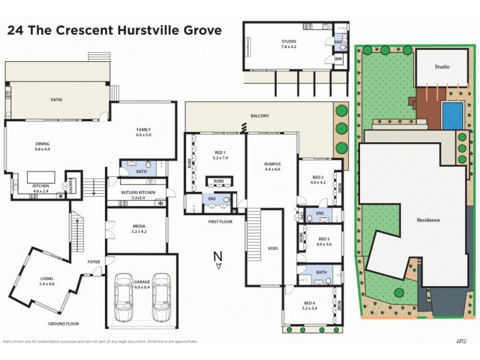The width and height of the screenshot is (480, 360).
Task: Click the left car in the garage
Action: tap(124, 296)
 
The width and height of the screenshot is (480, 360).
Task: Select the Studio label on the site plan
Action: tap(442, 67)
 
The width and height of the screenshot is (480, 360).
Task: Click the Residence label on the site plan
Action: tap(428, 220)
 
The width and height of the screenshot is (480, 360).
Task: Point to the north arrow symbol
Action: tap(219, 259)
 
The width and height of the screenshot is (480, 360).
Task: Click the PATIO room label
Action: tap(56, 100)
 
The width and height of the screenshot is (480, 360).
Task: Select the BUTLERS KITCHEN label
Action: tap(139, 194)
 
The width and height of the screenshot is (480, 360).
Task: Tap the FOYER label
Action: tap(94, 262)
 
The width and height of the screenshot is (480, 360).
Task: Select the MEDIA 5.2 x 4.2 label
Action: tap(139, 229)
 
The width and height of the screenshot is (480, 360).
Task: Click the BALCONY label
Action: tap(260, 116)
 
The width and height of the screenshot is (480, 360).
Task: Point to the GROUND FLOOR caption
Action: tap(64, 323)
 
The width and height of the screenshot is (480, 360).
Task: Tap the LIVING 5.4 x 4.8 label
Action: tap(47, 281)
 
